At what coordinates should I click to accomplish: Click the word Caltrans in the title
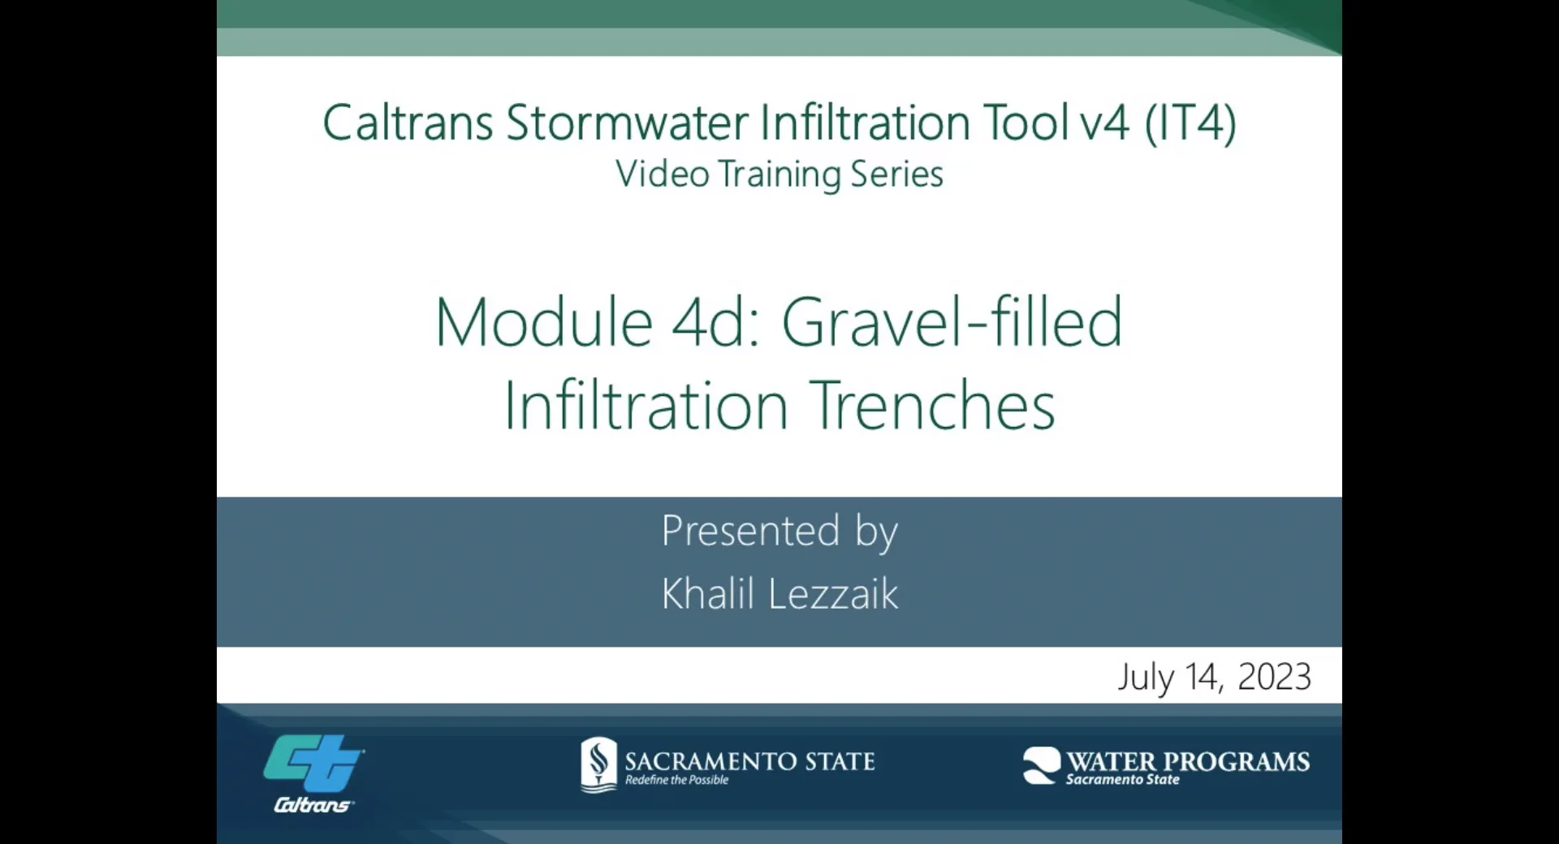408,123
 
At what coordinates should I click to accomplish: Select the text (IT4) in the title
1190,123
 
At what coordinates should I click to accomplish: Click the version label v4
1104,123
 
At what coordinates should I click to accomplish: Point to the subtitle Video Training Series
779,174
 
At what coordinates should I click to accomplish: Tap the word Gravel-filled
952,323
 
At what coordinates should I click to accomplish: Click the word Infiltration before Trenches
646,406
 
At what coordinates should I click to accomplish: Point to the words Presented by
779,532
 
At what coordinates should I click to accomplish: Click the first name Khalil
708,594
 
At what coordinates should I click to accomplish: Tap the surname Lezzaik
833,594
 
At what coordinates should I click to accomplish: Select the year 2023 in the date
1274,677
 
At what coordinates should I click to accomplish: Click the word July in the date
1146,677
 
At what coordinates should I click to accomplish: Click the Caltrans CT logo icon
313,763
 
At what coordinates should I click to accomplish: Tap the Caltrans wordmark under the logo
313,805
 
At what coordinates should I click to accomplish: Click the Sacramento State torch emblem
599,764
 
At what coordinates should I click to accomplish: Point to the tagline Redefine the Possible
676,780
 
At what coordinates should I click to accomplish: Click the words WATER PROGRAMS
1188,761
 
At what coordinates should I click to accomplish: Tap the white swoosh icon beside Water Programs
1041,765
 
